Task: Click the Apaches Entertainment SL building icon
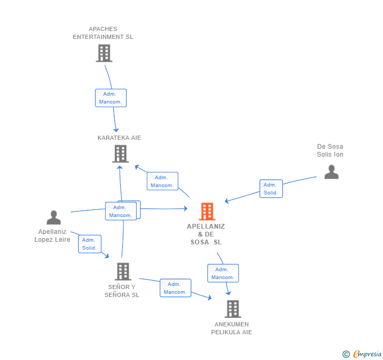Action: point(104,53)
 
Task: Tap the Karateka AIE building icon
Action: point(120,153)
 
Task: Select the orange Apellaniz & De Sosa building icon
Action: point(207,211)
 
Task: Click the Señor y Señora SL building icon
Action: point(123,271)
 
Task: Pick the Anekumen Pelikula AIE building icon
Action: point(233,309)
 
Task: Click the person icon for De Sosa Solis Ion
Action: point(331,172)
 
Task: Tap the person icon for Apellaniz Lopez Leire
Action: point(54,217)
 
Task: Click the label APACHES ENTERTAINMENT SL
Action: point(103,33)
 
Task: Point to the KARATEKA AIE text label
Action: point(119,138)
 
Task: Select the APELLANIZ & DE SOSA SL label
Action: point(206,234)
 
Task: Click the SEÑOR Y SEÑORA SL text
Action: point(122,291)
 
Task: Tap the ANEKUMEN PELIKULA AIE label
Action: point(232,328)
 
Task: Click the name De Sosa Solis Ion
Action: point(330,150)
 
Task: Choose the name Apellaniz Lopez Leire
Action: point(52,235)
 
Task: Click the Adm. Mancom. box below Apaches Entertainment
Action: point(110,98)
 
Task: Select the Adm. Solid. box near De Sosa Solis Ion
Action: point(271,189)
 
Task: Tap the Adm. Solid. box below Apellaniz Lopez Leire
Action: point(89,244)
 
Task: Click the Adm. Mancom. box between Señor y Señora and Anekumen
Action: point(175,288)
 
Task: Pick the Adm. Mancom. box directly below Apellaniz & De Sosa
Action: point(223,273)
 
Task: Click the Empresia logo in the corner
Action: point(362,354)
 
